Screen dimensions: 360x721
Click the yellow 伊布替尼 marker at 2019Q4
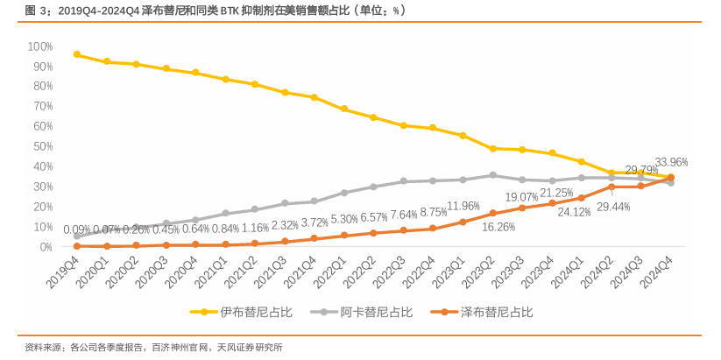pos(77,54)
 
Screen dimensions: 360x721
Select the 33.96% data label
pos(671,162)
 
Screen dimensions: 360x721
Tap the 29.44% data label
pos(614,207)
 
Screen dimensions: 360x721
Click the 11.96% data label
pos(463,206)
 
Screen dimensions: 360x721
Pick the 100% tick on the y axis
pos(40,46)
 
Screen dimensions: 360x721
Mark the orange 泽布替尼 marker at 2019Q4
pos(77,246)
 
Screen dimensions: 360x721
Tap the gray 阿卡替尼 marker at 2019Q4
pos(77,236)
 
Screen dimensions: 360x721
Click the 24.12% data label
pos(574,211)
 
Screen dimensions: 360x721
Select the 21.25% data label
pos(556,193)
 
